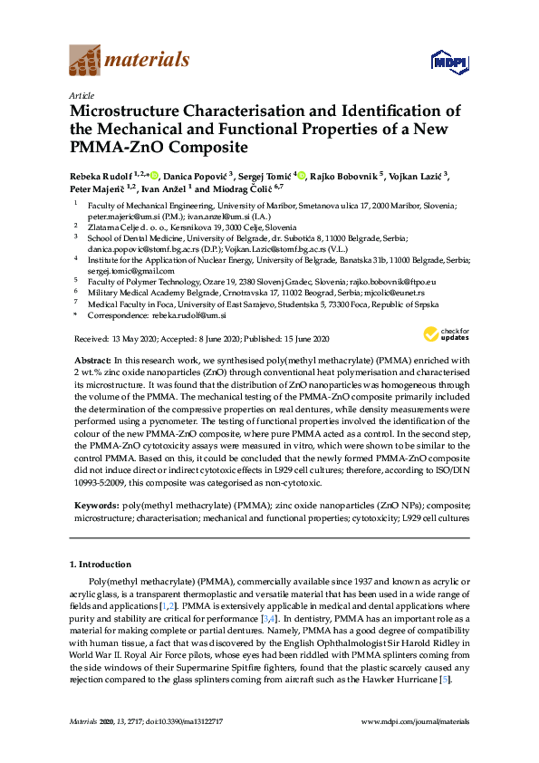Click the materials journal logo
click(129, 61)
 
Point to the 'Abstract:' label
click(91, 360)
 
